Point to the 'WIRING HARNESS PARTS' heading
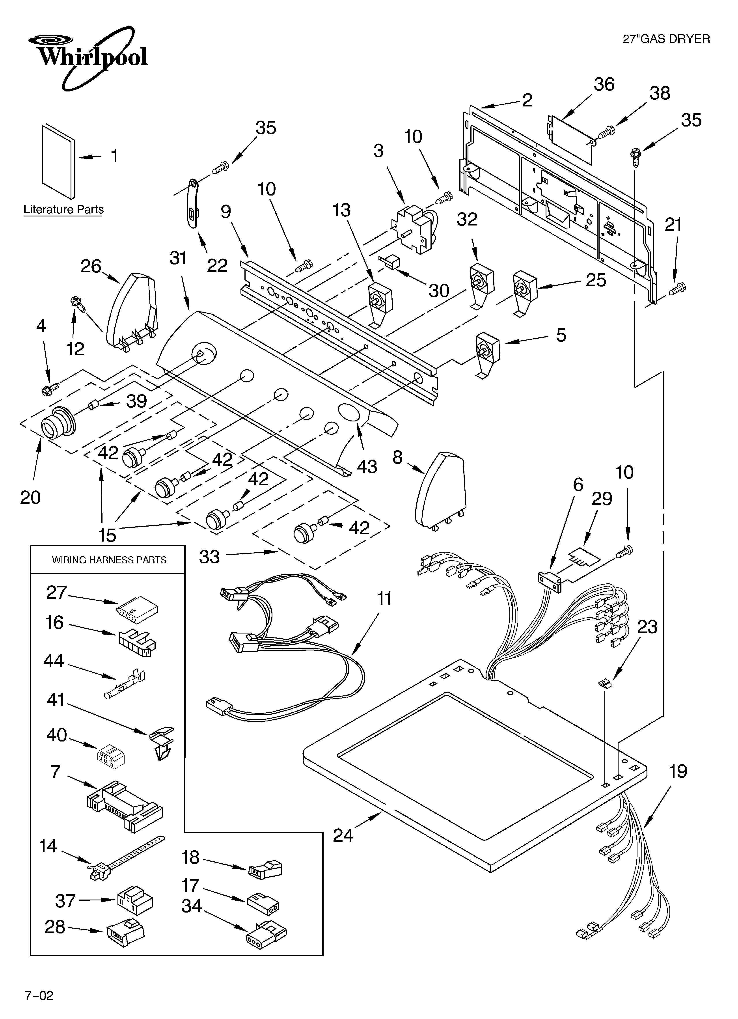[x=109, y=560]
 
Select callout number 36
[x=604, y=84]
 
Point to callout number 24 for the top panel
[x=343, y=835]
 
